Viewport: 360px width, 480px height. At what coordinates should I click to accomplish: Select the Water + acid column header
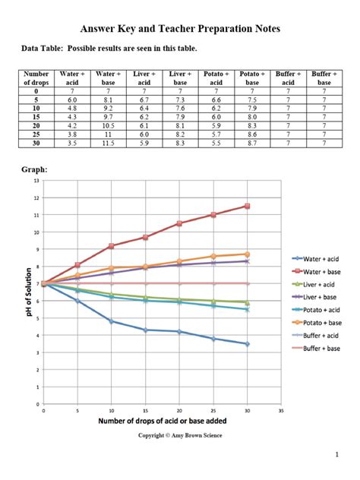[x=72, y=78]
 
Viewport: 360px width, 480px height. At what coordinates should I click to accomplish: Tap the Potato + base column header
[x=252, y=78]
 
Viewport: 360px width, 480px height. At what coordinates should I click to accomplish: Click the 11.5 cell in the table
[x=108, y=143]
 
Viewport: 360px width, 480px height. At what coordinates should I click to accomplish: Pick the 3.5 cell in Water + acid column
[x=72, y=143]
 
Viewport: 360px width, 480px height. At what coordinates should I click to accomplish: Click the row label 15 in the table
[x=36, y=116]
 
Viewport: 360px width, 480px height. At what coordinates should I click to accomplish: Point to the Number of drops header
[x=36, y=78]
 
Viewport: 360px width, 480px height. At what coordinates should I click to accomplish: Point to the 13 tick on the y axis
[x=36, y=181]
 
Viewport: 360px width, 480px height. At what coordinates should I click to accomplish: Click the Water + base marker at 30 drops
[x=247, y=206]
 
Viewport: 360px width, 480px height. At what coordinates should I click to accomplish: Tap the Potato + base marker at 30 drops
[x=247, y=254]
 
